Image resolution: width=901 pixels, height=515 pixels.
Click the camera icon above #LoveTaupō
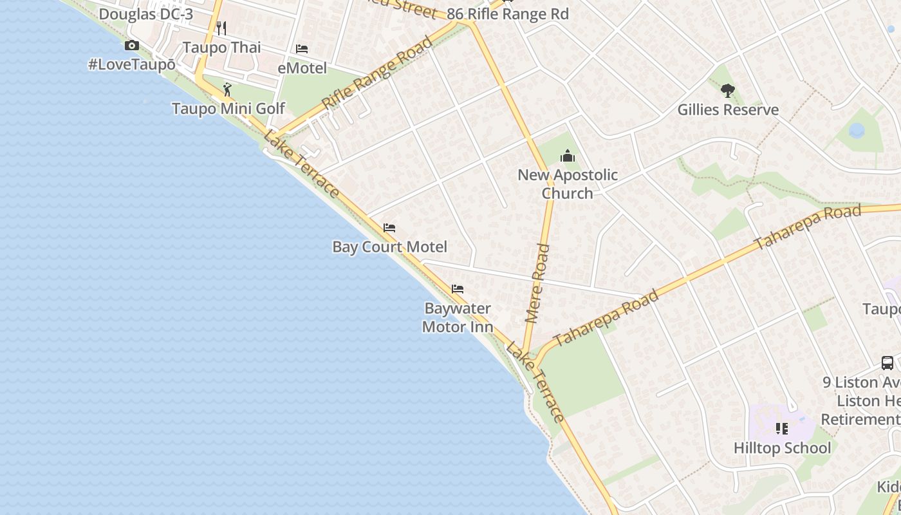[132, 45]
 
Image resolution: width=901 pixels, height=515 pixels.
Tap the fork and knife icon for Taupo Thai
[221, 28]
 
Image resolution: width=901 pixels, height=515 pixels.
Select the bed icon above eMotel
[301, 49]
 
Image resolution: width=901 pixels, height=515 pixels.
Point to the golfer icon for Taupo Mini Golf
[227, 89]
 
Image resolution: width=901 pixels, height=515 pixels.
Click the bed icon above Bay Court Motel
[389, 228]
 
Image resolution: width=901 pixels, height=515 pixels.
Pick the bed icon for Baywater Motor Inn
[457, 289]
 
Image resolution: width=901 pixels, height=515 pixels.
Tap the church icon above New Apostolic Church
[567, 156]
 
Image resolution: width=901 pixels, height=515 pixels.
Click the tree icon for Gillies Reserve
[727, 91]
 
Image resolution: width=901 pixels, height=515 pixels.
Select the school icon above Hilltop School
[782, 428]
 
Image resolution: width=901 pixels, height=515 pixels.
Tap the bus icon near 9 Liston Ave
[887, 363]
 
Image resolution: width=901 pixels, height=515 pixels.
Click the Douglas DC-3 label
[146, 14]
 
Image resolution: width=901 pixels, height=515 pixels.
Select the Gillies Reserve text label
[728, 110]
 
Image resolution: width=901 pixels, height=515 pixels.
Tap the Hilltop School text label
[782, 448]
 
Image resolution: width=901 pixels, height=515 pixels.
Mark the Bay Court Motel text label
[389, 247]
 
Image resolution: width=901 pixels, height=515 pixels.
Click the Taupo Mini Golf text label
[228, 109]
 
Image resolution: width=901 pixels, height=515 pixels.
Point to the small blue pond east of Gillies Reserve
[857, 131]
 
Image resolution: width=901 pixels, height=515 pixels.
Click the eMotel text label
[302, 68]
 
